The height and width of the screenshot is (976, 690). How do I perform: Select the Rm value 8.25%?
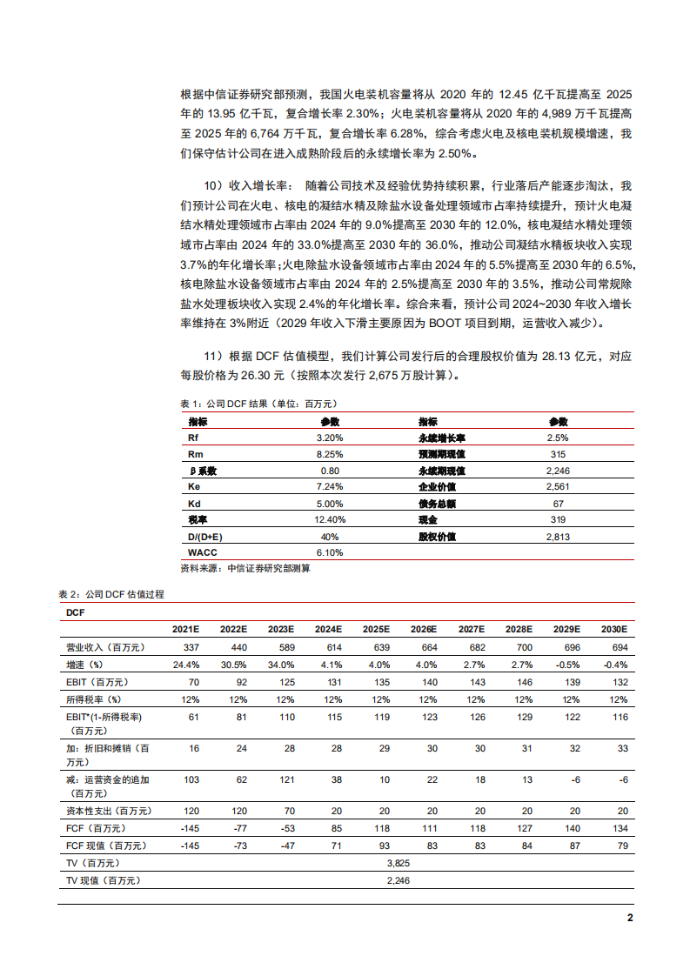tap(331, 454)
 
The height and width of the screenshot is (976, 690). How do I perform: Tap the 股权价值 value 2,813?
tap(558, 537)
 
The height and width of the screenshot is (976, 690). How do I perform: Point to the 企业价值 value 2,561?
tap(558, 487)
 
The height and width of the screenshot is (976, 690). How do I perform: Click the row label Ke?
tap(194, 487)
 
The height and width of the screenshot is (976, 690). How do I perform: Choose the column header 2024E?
tap(328, 629)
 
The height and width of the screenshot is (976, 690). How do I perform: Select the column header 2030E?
tap(613, 629)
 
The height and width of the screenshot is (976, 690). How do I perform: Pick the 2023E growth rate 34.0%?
tap(280, 664)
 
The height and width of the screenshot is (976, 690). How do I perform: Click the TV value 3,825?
tap(398, 863)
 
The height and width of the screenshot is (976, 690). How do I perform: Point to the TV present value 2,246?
tap(398, 880)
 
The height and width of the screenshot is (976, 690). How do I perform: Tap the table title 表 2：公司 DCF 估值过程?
tap(111, 593)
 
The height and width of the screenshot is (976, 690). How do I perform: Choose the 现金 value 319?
tap(558, 520)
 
